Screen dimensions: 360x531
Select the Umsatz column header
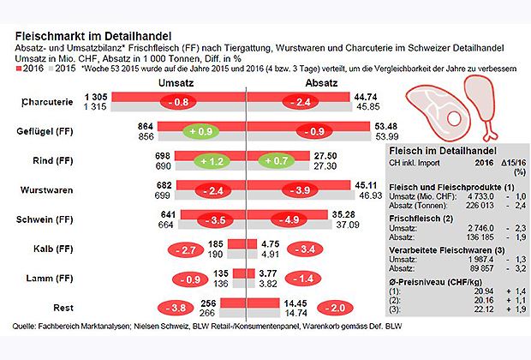click(x=177, y=82)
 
